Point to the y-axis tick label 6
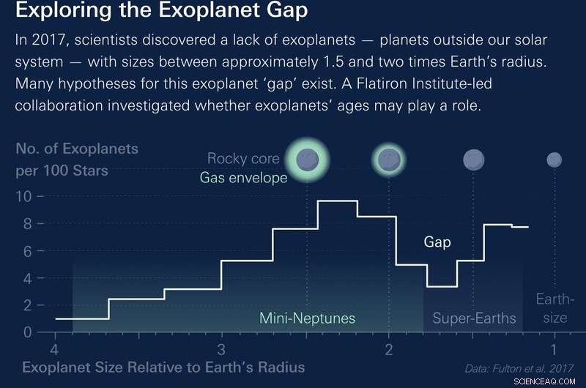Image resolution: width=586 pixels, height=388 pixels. tap(27, 251)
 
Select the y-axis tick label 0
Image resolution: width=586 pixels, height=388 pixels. tap(27, 332)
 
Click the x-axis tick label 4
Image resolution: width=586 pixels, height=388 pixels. tap(54, 348)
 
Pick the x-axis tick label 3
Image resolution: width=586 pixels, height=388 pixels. tap(221, 348)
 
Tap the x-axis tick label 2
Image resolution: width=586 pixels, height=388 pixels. tap(388, 348)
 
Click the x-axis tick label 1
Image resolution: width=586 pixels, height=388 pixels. tap(555, 348)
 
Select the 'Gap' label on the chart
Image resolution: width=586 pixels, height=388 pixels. tap(437, 241)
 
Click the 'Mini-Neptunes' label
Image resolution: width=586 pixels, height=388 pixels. tap(307, 318)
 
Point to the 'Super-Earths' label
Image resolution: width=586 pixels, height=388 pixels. tap(474, 318)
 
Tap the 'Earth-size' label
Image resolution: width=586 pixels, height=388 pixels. tap(555, 308)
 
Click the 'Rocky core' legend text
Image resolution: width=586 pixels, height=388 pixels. tap(243, 158)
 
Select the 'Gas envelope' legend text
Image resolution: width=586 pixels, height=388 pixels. tap(243, 178)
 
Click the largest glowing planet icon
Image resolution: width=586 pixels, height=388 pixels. tap(307, 158)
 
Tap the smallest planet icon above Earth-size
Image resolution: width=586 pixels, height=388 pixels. tap(555, 160)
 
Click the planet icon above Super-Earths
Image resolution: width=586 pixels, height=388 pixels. tap(474, 160)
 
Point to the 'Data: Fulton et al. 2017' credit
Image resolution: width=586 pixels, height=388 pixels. tap(519, 368)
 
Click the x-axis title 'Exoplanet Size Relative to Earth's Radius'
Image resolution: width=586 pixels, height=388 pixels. tap(163, 367)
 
